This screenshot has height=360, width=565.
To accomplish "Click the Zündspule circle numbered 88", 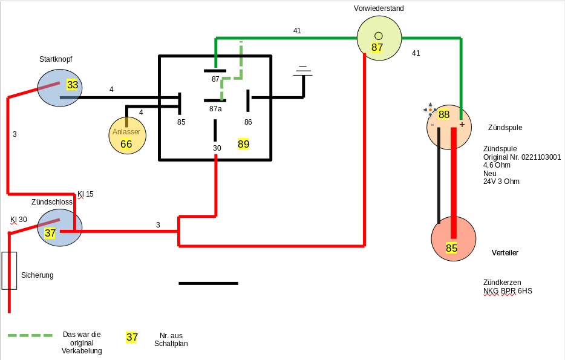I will (x=448, y=126).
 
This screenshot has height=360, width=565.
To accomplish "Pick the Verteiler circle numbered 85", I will (x=453, y=239).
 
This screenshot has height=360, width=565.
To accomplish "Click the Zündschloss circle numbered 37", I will (x=59, y=227).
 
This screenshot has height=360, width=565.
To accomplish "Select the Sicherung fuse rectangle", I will (x=10, y=270).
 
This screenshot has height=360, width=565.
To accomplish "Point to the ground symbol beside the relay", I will (x=303, y=72).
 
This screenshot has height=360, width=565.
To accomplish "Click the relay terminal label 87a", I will (x=215, y=109).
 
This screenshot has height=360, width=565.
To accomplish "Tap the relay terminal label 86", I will (x=248, y=122).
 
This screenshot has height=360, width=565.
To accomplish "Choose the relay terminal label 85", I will (x=181, y=122).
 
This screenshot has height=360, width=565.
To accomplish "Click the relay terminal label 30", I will (x=217, y=148).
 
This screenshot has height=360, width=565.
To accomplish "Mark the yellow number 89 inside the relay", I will (x=243, y=144).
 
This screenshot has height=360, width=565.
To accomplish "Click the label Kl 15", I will (x=85, y=194).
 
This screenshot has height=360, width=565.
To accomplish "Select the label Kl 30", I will (x=18, y=220).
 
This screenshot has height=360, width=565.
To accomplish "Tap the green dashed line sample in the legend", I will (x=30, y=335).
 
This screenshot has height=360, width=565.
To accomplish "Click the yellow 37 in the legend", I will (x=132, y=337).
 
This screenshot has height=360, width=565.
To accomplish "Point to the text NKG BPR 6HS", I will (x=508, y=291).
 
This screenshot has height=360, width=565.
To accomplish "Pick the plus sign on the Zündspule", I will (x=462, y=125).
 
